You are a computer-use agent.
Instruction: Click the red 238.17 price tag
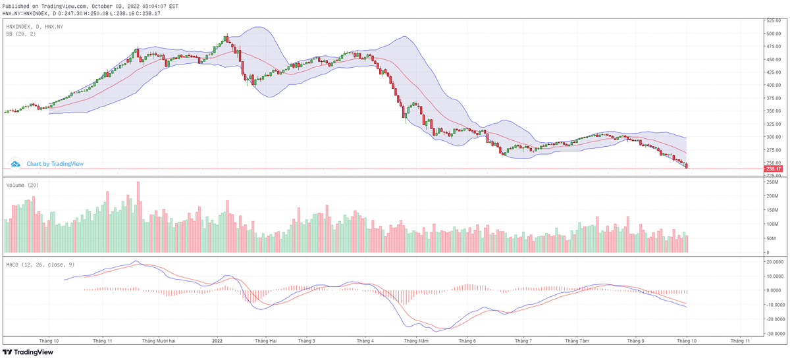pyautogui.click(x=772, y=169)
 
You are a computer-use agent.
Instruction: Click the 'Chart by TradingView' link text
pyautogui.click(x=55, y=164)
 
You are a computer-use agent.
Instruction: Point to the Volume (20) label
pyautogui.click(x=22, y=186)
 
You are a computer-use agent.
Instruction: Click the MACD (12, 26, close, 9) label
pyautogui.click(x=40, y=264)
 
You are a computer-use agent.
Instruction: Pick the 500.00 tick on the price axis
pyautogui.click(x=772, y=34)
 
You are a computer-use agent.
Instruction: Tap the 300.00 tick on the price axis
pyautogui.click(x=772, y=137)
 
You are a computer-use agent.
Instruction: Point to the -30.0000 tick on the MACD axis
pyautogui.click(x=775, y=334)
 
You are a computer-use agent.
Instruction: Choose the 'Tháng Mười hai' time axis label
pyautogui.click(x=158, y=341)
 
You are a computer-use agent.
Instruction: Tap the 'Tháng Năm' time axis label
pyautogui.click(x=416, y=341)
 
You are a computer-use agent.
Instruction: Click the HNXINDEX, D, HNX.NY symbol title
pyautogui.click(x=35, y=26)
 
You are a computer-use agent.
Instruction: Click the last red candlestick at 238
pyautogui.click(x=687, y=166)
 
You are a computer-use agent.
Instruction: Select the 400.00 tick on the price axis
pyautogui.click(x=772, y=86)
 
